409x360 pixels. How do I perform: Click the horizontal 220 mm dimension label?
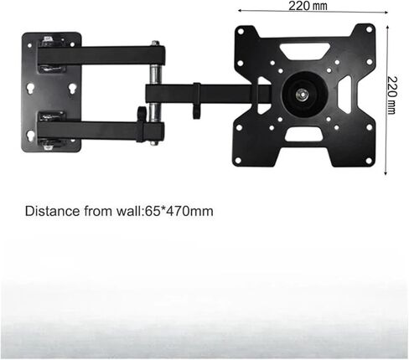[x=308, y=6]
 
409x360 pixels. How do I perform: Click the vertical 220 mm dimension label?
[x=392, y=95]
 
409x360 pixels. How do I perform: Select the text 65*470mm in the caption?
[x=179, y=211]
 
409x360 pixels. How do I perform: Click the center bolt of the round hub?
[x=303, y=94]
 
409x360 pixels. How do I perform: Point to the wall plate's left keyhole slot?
[x=30, y=89]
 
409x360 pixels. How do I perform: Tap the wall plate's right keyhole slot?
[x=72, y=89]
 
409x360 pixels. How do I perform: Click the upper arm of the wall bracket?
[x=101, y=55]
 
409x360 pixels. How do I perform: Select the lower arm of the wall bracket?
[x=101, y=131]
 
